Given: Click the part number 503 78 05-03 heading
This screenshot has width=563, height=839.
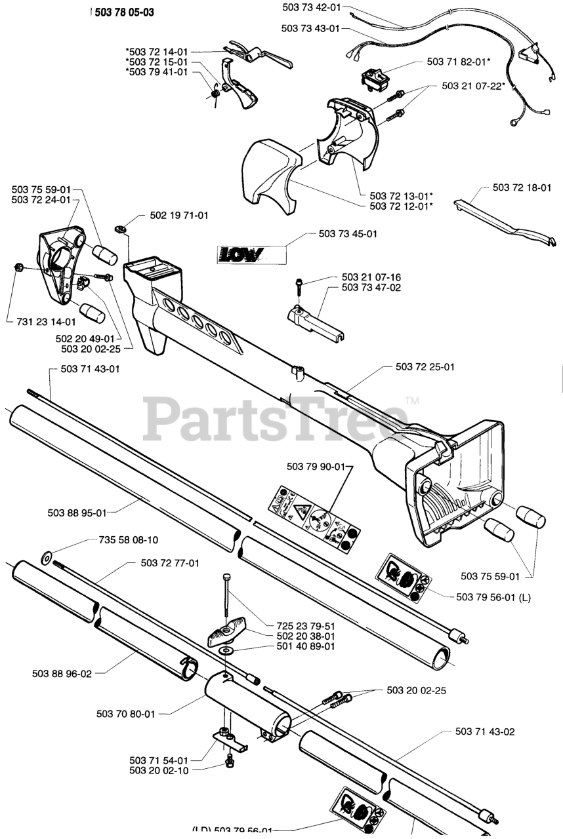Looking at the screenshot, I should point(124,12).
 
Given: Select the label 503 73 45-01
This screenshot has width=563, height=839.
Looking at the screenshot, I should point(348,233).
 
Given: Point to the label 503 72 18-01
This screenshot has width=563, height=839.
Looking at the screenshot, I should point(522,187).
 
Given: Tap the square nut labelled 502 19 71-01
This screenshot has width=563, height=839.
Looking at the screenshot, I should point(120,228).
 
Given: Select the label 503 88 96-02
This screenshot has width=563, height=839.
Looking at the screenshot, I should point(62,673).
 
